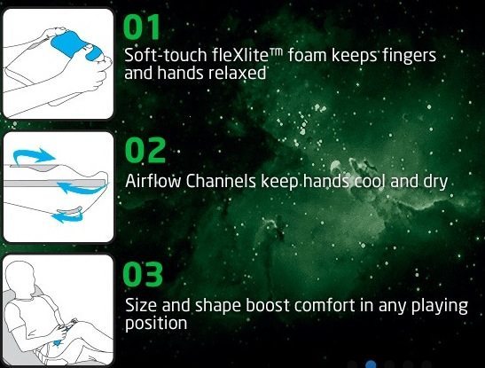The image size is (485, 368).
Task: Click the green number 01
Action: [x=142, y=27]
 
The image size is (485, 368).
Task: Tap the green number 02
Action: [x=145, y=150]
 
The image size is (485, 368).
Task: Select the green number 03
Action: [x=143, y=274]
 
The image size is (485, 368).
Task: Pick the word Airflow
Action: [x=153, y=181]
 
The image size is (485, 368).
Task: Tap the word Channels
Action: [x=221, y=181]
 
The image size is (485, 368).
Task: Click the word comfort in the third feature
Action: [x=325, y=306]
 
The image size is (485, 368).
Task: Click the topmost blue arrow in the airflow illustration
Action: [x=34, y=155]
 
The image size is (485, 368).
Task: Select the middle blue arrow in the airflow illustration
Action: [x=82, y=187]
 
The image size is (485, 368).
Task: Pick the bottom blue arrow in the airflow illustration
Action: [x=68, y=215]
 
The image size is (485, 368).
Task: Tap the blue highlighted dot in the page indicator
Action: [x=371, y=364]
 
